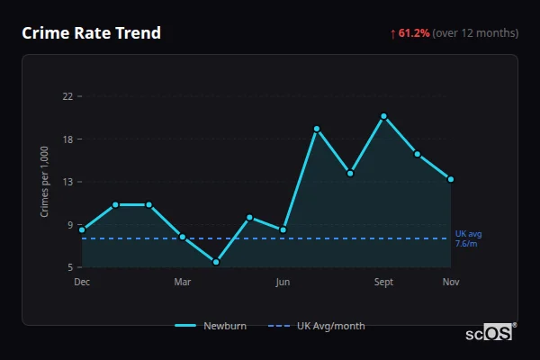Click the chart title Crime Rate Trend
pos(91,33)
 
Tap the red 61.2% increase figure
pos(414,33)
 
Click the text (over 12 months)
pos(475,33)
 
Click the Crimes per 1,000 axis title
pos(45,180)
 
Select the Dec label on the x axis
pos(82,283)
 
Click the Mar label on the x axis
pos(182,283)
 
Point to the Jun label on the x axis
pos(283,283)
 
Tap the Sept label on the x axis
pos(383,283)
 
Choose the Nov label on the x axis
pos(451,283)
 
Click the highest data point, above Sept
pos(383,116)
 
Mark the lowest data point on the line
pos(216,262)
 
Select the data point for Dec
pos(82,229)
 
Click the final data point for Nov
pos(451,179)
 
